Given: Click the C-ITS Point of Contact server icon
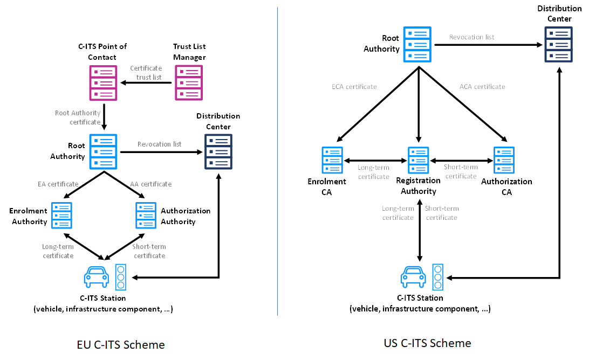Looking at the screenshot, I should click(x=103, y=82).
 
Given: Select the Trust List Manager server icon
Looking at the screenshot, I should click(x=189, y=82).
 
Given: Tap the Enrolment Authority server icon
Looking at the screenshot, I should click(x=61, y=215).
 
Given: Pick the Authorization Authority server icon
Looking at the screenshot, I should click(x=146, y=215).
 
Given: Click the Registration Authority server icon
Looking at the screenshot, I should click(x=419, y=160).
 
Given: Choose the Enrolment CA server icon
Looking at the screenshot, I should click(x=332, y=160).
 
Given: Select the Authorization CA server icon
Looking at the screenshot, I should click(x=504, y=160).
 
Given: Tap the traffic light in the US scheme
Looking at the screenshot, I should click(x=437, y=276).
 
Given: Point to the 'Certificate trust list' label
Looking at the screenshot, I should click(x=146, y=73).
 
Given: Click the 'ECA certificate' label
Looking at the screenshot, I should click(x=354, y=86).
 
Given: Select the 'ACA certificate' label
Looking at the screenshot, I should click(x=482, y=86).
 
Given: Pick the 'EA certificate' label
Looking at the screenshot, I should click(x=58, y=184).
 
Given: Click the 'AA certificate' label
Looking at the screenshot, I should click(x=150, y=184).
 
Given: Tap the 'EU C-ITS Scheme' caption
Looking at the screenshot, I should click(x=121, y=344).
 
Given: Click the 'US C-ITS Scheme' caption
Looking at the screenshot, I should click(x=427, y=343).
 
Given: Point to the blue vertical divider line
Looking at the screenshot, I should click(x=277, y=162).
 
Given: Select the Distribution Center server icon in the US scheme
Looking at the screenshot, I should click(x=558, y=44).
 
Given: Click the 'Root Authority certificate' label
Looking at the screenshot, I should click(x=78, y=117).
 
